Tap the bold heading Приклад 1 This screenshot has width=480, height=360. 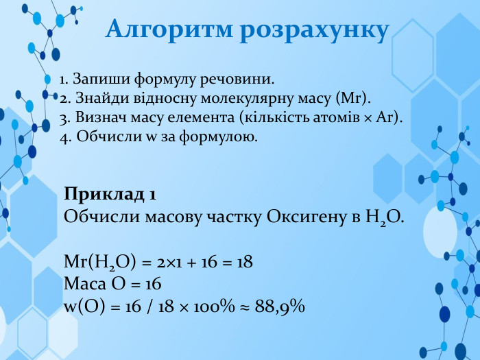[110, 194]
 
